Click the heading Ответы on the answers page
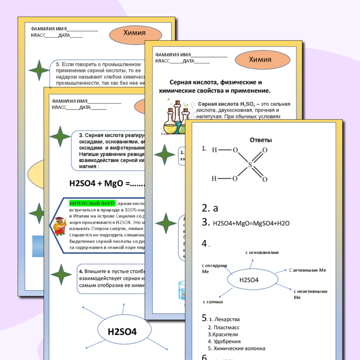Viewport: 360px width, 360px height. [261, 140]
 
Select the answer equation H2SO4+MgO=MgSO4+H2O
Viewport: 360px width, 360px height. [251, 223]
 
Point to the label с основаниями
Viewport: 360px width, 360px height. [262, 253]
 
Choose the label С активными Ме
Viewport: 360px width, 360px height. [307, 270]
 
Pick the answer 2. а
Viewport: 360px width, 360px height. [210, 208]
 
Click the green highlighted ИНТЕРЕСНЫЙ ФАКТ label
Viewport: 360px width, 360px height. [92, 204]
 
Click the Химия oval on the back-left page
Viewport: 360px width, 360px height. [135, 34]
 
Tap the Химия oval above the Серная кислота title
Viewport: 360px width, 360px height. [260, 60]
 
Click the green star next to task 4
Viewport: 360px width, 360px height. [61, 275]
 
